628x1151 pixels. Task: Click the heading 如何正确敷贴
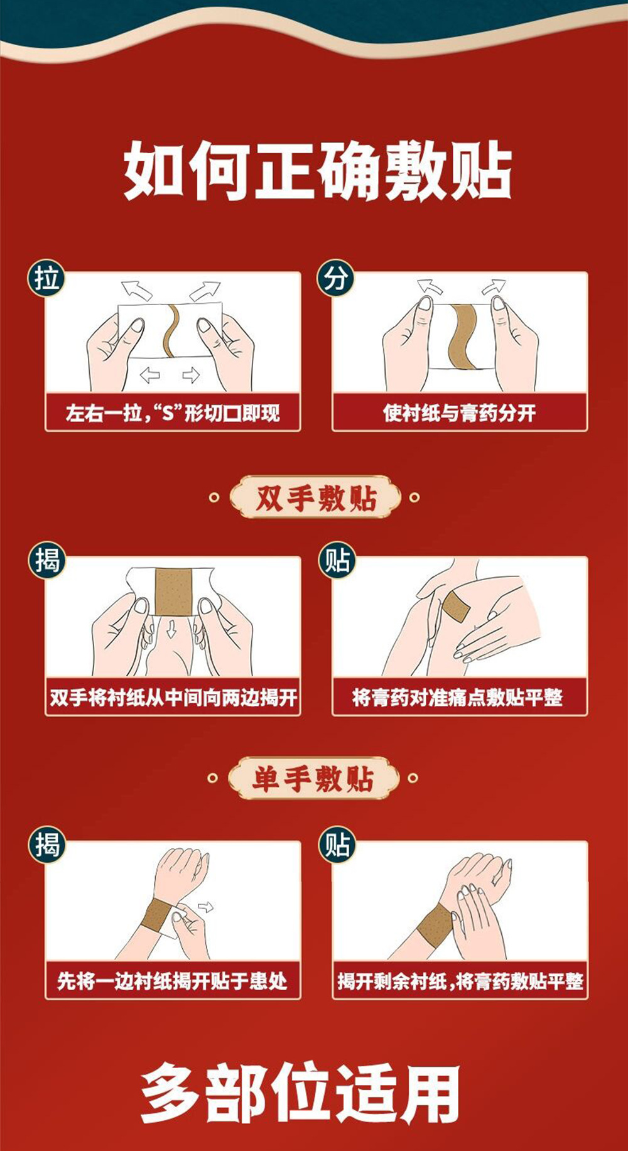pos(317,170)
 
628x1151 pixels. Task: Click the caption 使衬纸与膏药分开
pos(460,413)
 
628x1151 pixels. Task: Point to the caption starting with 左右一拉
pos(173,413)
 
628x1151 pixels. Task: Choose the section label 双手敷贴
pos(315,498)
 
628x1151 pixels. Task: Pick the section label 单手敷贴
pos(313,779)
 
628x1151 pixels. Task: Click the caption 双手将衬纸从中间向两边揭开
pos(173,698)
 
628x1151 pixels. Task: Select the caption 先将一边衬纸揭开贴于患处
pos(173,981)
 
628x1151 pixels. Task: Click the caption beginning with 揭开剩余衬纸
pos(460,981)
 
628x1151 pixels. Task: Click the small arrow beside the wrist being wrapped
pos(205,907)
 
